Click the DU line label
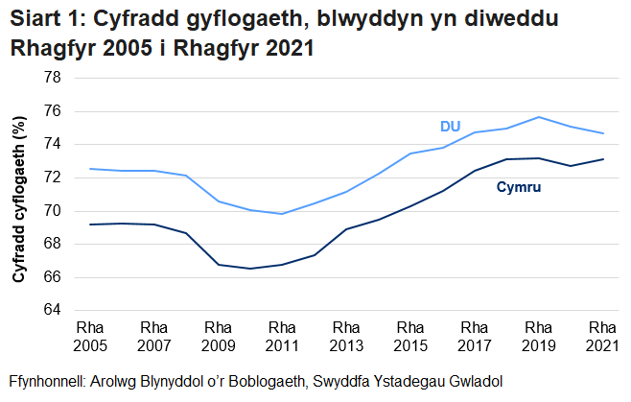[450, 127]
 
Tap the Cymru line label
[519, 186]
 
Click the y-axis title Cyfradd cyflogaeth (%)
[19, 195]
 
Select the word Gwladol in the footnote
[474, 379]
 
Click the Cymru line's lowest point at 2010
[250, 269]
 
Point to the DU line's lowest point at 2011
[282, 214]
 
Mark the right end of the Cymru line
[602, 159]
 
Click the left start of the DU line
[89, 169]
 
